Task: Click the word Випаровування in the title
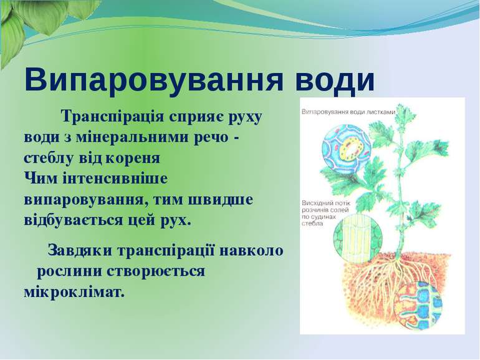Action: (x=154, y=80)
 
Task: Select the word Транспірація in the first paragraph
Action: (x=113, y=117)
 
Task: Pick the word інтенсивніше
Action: (x=115, y=179)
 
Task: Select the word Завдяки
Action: (x=80, y=251)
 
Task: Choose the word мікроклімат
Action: (x=74, y=292)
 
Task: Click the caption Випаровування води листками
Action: (x=348, y=112)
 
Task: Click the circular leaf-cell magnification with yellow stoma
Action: (x=347, y=148)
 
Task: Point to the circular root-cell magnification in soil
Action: (x=418, y=306)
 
